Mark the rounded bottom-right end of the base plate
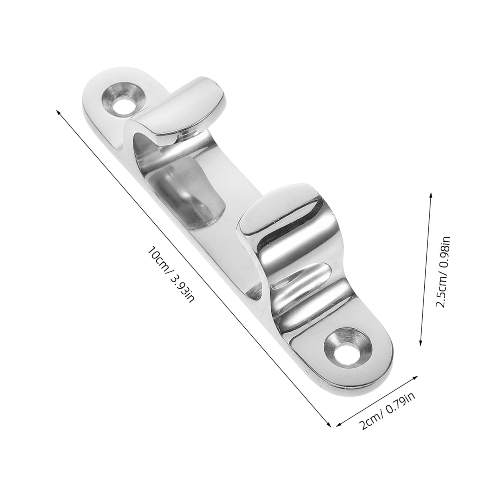tap(374, 374)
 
